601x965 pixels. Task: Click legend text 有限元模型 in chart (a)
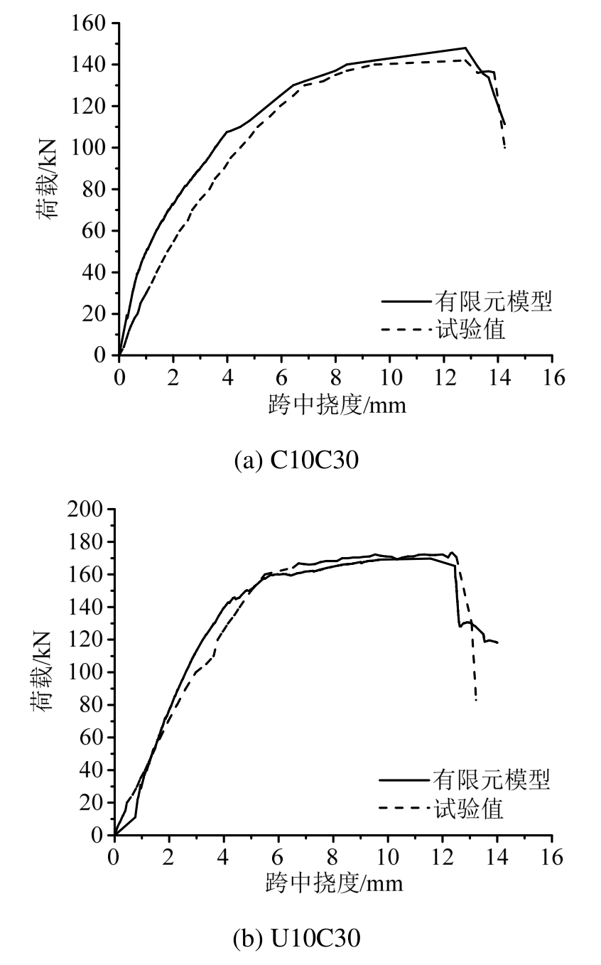(494, 302)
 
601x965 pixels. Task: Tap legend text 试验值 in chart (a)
(470, 330)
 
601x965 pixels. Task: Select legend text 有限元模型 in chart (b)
(492, 780)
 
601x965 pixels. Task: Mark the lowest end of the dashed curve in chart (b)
(475, 701)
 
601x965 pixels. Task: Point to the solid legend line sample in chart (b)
(404, 780)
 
